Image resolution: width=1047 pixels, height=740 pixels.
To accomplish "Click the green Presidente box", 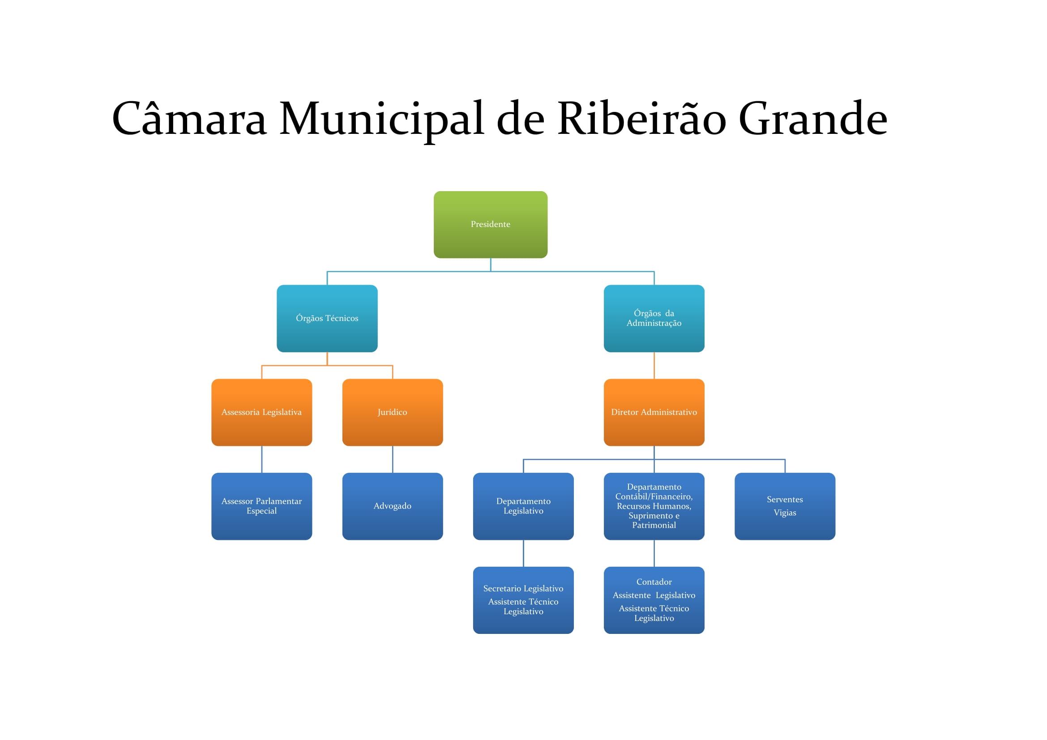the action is [490, 224].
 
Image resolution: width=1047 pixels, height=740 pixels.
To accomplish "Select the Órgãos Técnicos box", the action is [327, 318].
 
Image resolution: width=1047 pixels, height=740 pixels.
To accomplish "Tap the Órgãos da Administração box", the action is [654, 318].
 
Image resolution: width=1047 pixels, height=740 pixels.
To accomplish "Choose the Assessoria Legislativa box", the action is [262, 412].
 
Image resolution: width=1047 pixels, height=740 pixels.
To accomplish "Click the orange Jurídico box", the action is [393, 412].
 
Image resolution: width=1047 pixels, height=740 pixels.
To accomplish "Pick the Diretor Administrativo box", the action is [654, 412].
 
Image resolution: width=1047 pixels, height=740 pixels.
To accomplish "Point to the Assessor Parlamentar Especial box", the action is [262, 506].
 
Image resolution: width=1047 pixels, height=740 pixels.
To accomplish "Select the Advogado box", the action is [393, 506].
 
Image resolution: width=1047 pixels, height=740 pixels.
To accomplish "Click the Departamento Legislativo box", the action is [524, 506].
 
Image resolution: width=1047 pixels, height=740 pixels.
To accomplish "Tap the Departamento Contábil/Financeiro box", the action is [654, 506].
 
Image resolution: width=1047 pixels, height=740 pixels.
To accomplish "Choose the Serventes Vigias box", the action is [785, 506].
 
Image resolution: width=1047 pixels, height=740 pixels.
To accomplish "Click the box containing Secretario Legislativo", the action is [524, 600].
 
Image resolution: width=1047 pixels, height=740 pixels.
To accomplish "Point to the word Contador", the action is [654, 582].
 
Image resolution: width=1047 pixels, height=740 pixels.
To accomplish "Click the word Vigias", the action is [785, 513].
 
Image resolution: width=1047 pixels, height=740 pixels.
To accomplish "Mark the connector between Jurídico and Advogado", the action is [393, 460].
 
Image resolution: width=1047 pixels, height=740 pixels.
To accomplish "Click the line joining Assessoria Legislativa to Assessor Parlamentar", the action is [262, 460].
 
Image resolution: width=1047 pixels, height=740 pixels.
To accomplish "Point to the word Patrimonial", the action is [654, 525].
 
